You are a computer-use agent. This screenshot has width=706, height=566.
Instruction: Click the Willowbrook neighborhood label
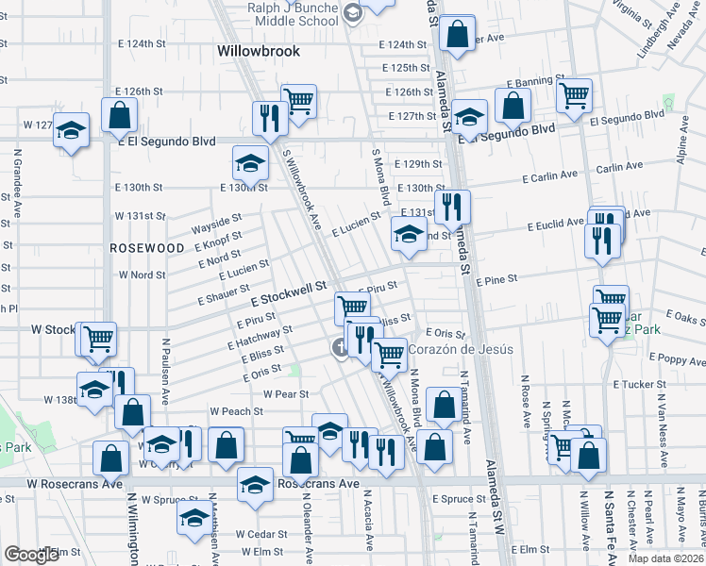point(258,51)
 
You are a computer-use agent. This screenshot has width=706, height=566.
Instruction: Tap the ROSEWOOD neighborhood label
point(146,247)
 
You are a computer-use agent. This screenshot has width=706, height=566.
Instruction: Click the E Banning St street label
point(535,81)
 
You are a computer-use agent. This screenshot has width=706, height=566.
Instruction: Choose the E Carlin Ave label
point(549,176)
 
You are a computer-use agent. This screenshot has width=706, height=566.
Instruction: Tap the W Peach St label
point(236,411)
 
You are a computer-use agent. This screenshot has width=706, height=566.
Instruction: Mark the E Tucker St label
point(639,385)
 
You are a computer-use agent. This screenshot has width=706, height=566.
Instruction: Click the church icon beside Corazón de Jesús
point(339,349)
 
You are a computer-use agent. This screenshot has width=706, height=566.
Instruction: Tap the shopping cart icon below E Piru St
point(352,306)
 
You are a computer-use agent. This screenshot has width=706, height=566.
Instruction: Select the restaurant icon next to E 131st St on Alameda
point(452,206)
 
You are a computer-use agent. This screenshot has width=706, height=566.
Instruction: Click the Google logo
point(33,555)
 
